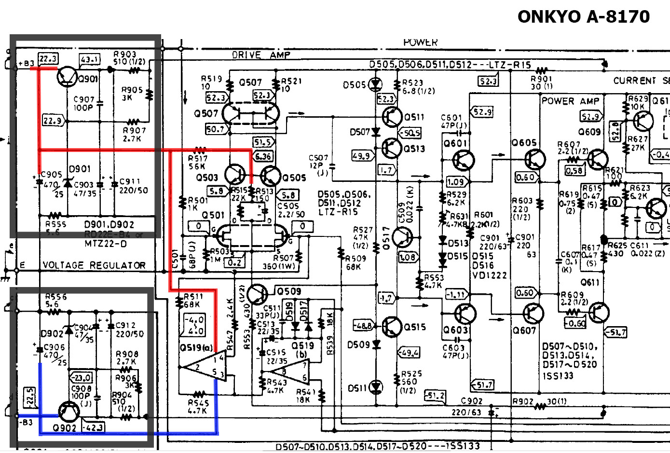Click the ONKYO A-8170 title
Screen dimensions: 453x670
[x=583, y=17]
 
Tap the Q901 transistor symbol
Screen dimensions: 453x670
[x=68, y=76]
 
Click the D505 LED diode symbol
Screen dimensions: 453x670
[x=375, y=85]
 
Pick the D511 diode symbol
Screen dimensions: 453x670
[x=376, y=387]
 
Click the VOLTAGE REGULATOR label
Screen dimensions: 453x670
[x=94, y=265]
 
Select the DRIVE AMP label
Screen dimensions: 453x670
[x=261, y=55]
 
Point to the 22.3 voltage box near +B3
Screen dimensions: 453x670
[x=48, y=59]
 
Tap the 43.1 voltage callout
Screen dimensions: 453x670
[x=90, y=59]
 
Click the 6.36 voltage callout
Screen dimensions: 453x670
[x=263, y=156]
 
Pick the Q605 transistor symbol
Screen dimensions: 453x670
[x=534, y=159]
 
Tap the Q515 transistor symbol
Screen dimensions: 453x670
[x=392, y=327]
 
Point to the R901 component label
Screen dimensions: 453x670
[x=541, y=79]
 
